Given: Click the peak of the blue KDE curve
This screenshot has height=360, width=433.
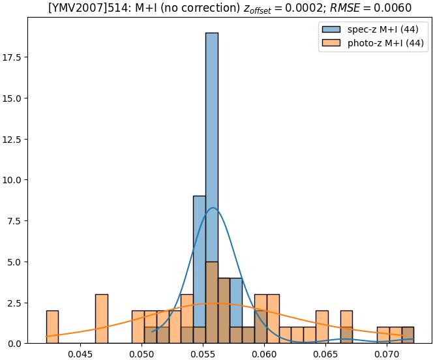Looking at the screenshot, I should [213, 207].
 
